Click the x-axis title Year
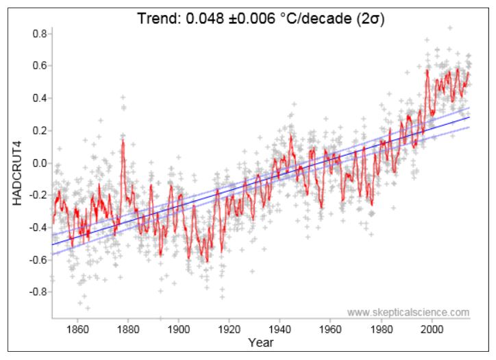[260, 341]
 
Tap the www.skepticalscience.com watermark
[408, 313]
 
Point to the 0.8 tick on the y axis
[38, 34]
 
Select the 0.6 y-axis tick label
[38, 67]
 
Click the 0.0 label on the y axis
[38, 163]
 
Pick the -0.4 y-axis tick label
[36, 228]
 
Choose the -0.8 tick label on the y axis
[36, 292]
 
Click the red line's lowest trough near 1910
[206, 261]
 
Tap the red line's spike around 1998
[427, 70]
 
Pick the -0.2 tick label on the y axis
[36, 195]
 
